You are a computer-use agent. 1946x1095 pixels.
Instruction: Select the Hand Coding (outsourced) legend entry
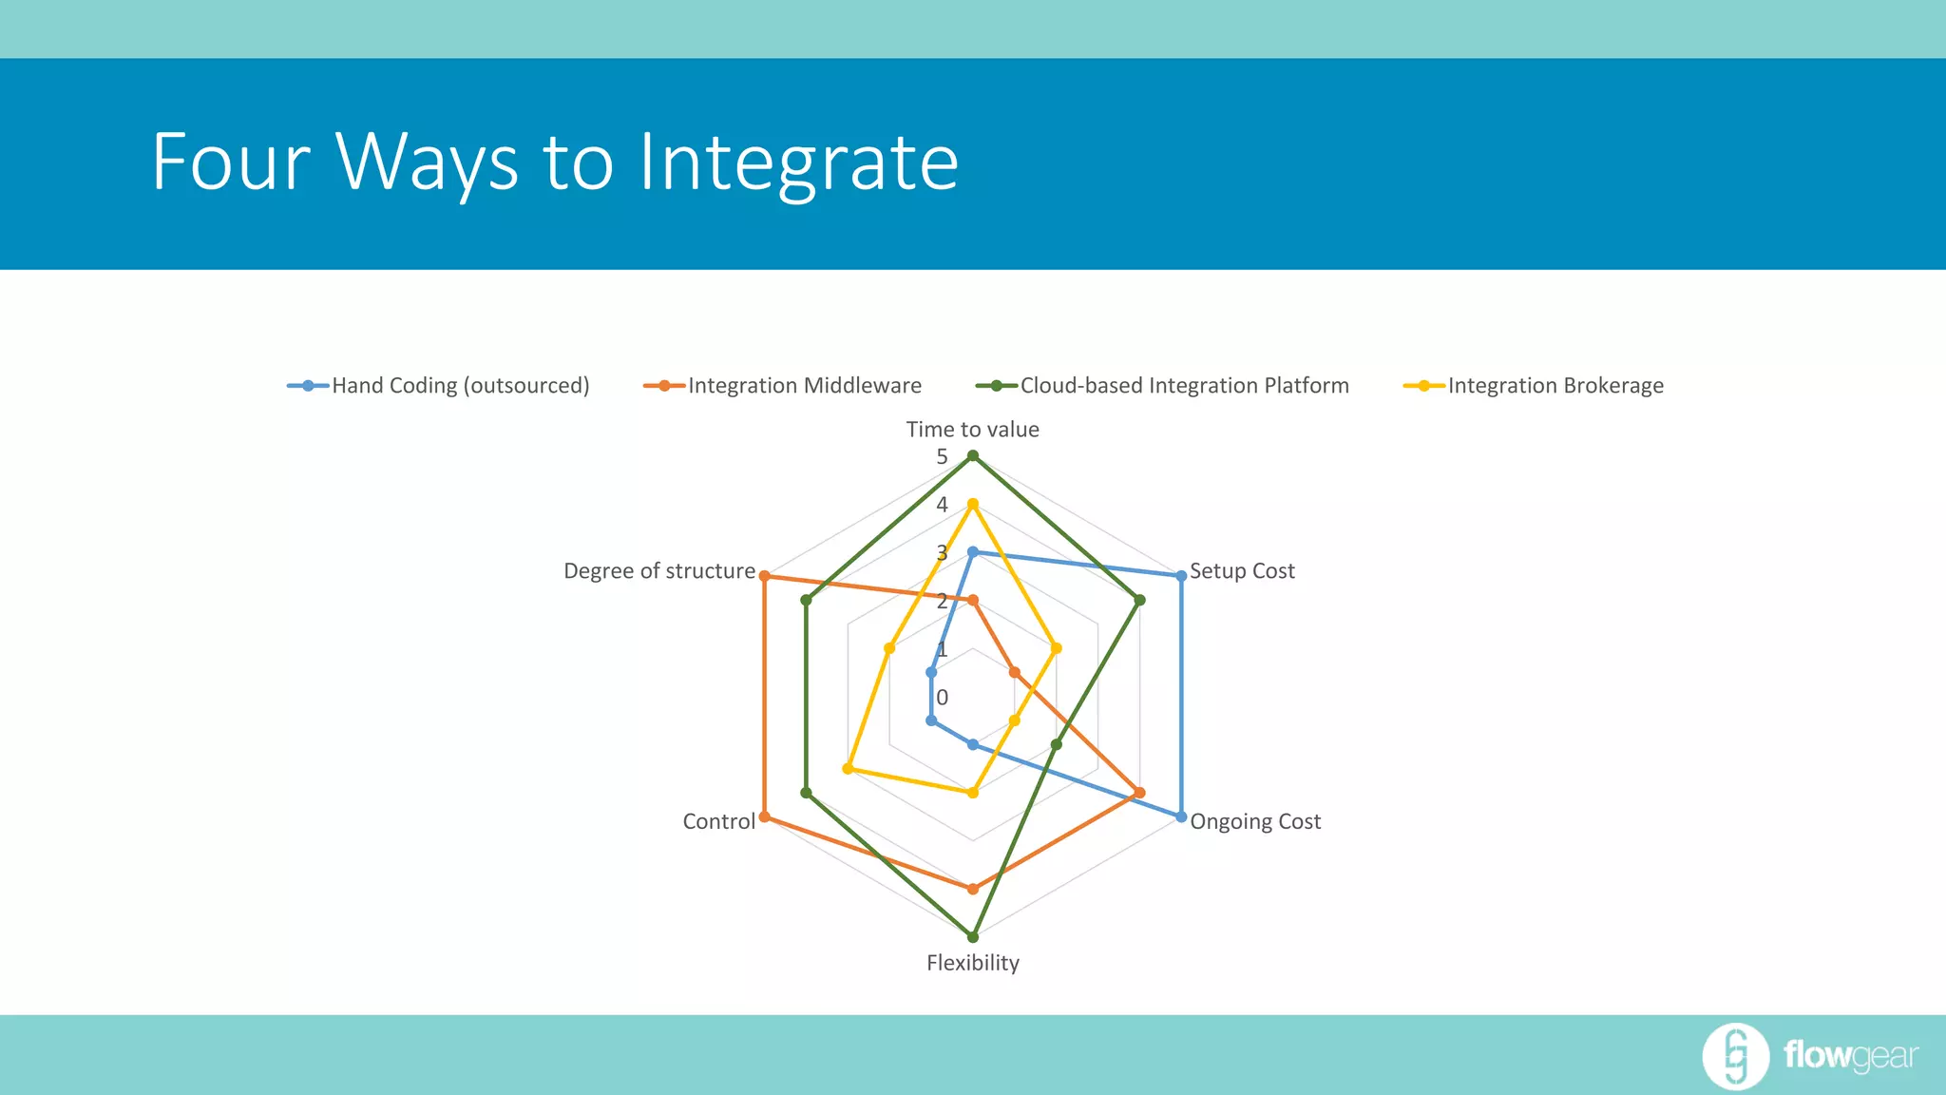(460, 386)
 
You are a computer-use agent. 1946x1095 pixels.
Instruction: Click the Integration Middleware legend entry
(804, 386)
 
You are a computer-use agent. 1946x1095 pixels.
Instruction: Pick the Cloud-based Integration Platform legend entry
(1184, 386)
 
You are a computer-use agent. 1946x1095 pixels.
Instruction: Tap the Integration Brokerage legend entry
(1555, 386)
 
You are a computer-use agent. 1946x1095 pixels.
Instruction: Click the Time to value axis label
(972, 430)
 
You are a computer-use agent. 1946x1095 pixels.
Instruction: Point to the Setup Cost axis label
(1242, 571)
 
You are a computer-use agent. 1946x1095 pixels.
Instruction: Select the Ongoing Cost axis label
(1255, 821)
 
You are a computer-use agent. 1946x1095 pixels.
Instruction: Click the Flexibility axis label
(972, 963)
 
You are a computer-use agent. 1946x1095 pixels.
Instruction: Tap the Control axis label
(718, 821)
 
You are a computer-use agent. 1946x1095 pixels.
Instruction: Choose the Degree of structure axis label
(659, 571)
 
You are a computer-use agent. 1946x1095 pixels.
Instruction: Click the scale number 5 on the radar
(942, 457)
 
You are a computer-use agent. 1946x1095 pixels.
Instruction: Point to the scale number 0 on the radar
(942, 698)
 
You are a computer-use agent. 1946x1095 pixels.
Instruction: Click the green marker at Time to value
(972, 456)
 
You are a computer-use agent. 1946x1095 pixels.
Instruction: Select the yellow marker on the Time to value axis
(972, 504)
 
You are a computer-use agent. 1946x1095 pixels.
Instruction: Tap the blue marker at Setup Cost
(1181, 576)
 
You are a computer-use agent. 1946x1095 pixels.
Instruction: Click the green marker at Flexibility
(972, 937)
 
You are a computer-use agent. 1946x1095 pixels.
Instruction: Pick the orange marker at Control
(764, 816)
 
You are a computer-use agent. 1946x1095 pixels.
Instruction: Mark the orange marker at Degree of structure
(764, 576)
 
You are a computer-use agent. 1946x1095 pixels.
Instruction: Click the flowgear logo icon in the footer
(1735, 1056)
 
